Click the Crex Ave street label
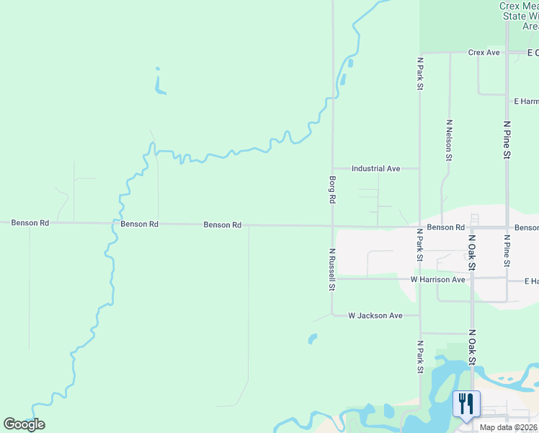point(484,53)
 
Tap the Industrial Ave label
point(375,168)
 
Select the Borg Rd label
point(332,188)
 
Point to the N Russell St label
point(332,270)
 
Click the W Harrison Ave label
point(438,279)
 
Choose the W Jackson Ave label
point(375,315)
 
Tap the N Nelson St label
point(449,139)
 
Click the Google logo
point(24,424)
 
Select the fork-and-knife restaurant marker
point(465,403)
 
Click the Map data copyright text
point(509,427)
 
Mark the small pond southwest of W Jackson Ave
point(312,338)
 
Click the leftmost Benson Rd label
point(30,223)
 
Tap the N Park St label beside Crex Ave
point(419,74)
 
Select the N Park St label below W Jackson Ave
point(420,357)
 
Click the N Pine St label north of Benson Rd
point(507,140)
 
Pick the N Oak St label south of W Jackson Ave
point(472,349)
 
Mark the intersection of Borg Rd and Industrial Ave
point(332,168)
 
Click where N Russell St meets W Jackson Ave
point(332,315)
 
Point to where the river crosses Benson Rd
point(113,224)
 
